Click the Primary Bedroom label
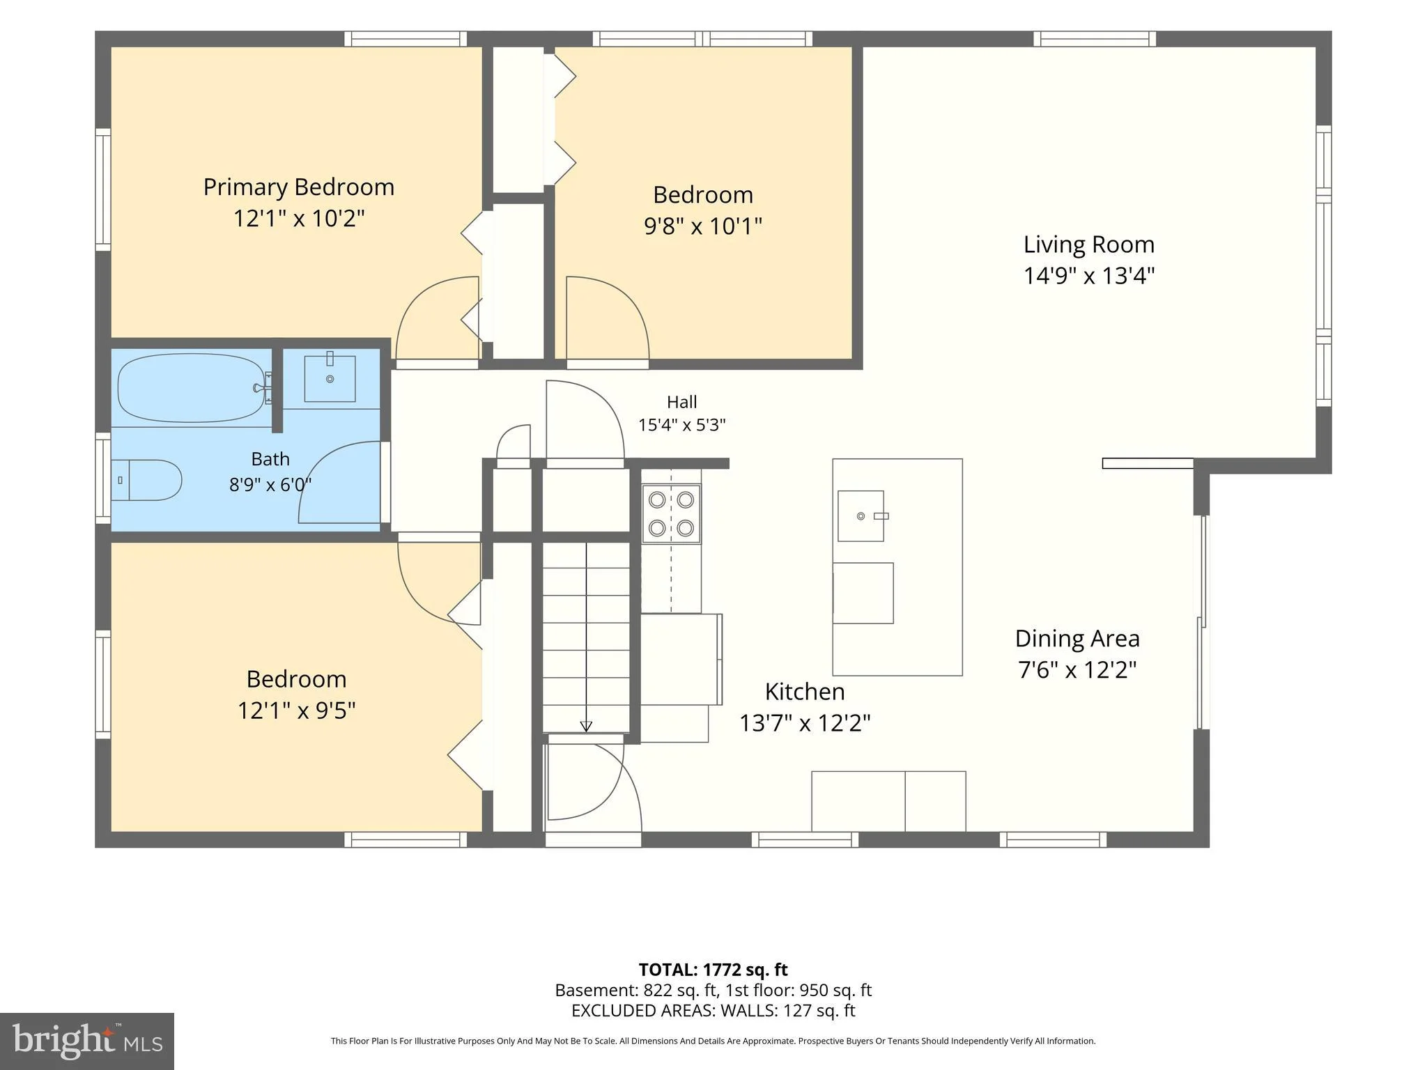tap(298, 187)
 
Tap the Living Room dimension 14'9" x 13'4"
tap(1089, 276)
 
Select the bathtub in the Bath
tap(192, 388)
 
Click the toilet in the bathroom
tap(146, 480)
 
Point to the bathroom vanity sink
tap(330, 378)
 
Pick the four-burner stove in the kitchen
tap(671, 514)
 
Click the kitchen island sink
tap(861, 515)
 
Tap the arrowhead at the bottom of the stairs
tap(586, 727)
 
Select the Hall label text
tap(681, 402)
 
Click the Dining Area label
tap(1077, 639)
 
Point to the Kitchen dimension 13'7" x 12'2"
tap(805, 723)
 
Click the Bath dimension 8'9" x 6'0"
tap(270, 483)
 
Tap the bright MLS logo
tap(87, 1041)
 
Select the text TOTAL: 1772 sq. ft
tap(713, 970)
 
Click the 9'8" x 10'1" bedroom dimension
tap(703, 226)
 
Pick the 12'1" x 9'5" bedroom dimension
tap(297, 711)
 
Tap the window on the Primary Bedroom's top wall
tap(406, 39)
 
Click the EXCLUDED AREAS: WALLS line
tap(713, 1010)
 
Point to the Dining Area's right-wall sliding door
tap(1203, 623)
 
